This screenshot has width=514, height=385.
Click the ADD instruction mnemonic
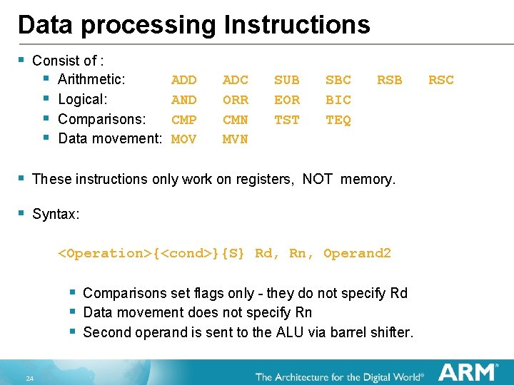click(184, 80)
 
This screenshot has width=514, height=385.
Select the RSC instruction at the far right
click(440, 80)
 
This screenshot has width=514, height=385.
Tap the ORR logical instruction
click(236, 100)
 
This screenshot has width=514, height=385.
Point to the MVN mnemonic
click(236, 140)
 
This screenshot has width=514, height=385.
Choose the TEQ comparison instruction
click(338, 120)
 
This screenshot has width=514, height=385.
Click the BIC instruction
click(338, 100)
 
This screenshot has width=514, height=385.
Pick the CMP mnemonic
click(184, 120)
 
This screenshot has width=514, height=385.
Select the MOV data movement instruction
click(184, 140)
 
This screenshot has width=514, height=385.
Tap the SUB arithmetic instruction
click(287, 80)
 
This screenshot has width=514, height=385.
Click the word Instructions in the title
click(297, 25)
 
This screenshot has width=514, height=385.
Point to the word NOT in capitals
click(318, 180)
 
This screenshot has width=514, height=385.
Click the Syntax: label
click(56, 214)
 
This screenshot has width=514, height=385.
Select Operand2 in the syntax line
click(357, 254)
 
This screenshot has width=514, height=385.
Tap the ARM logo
click(468, 371)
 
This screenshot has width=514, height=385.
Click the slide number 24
click(29, 378)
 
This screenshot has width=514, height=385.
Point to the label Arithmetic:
click(91, 79)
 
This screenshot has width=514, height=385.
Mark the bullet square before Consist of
click(22, 60)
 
